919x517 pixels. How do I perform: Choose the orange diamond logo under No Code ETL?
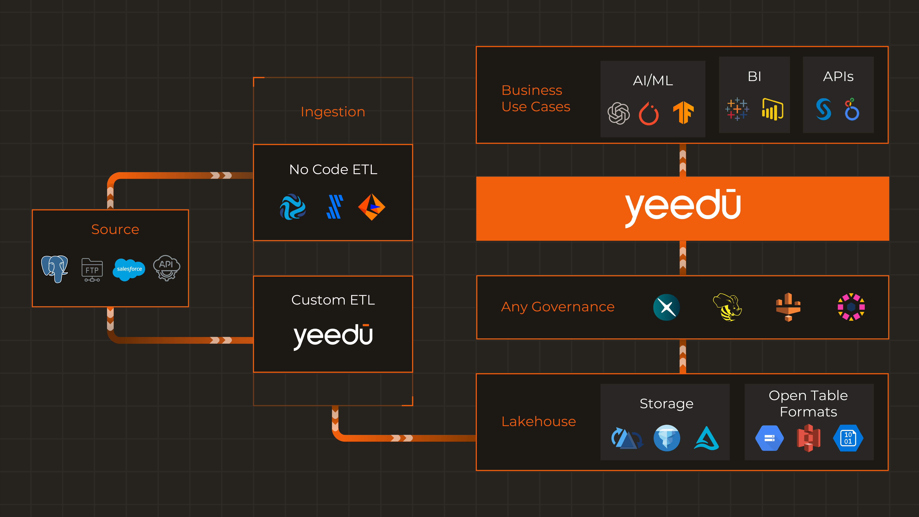click(x=371, y=207)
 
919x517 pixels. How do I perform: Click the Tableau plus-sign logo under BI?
click(x=737, y=109)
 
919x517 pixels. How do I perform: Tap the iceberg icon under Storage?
click(x=666, y=438)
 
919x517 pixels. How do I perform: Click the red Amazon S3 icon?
click(x=808, y=438)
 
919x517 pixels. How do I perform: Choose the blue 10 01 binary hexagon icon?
click(x=848, y=438)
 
